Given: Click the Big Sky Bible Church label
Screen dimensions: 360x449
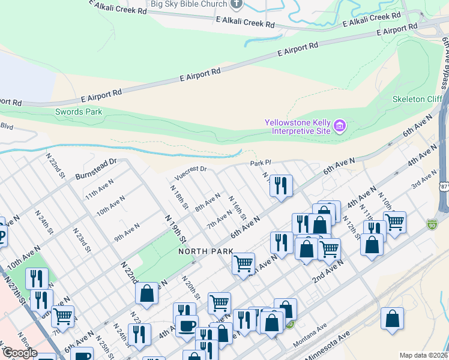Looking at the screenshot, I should (x=188, y=4).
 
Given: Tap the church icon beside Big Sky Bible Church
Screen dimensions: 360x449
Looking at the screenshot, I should (x=237, y=4).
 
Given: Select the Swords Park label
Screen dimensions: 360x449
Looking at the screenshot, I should (x=78, y=112).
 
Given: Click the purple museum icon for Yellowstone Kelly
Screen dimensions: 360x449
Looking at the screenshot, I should (x=340, y=126).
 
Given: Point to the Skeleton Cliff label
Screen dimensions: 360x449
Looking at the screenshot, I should (x=417, y=99).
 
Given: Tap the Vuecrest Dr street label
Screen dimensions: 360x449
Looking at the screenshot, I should (x=190, y=173).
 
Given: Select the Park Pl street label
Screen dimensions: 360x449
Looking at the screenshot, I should (x=261, y=163).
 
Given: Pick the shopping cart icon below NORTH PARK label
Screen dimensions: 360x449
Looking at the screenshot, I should (x=243, y=263).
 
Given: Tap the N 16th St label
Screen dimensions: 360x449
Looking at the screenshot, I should (x=238, y=206).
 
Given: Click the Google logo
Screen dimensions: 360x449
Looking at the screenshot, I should (x=20, y=353).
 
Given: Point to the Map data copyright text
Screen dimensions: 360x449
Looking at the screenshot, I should (x=424, y=355).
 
